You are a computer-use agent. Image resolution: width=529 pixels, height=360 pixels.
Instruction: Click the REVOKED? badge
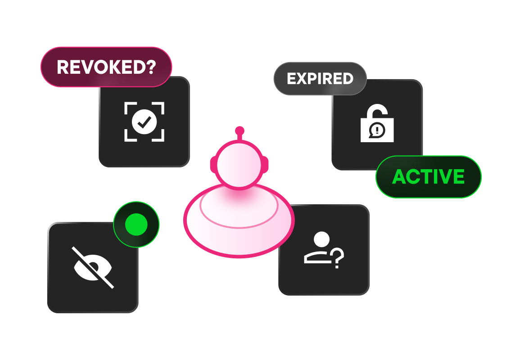click(106, 67)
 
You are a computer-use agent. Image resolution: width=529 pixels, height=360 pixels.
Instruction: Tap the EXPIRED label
click(320, 79)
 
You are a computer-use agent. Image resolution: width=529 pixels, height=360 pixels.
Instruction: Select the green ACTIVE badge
click(428, 177)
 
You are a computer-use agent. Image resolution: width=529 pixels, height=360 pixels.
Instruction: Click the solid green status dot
click(136, 224)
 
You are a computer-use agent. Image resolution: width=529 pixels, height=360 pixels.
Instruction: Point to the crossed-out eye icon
click(93, 267)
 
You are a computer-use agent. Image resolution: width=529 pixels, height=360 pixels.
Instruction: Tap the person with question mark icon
click(324, 251)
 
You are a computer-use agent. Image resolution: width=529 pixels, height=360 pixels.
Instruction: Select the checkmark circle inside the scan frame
click(144, 121)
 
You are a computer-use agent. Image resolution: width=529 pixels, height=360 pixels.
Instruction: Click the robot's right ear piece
click(266, 164)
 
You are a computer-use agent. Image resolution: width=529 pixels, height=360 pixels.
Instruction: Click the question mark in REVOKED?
click(150, 67)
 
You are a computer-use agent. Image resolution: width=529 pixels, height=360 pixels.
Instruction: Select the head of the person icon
click(321, 239)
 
